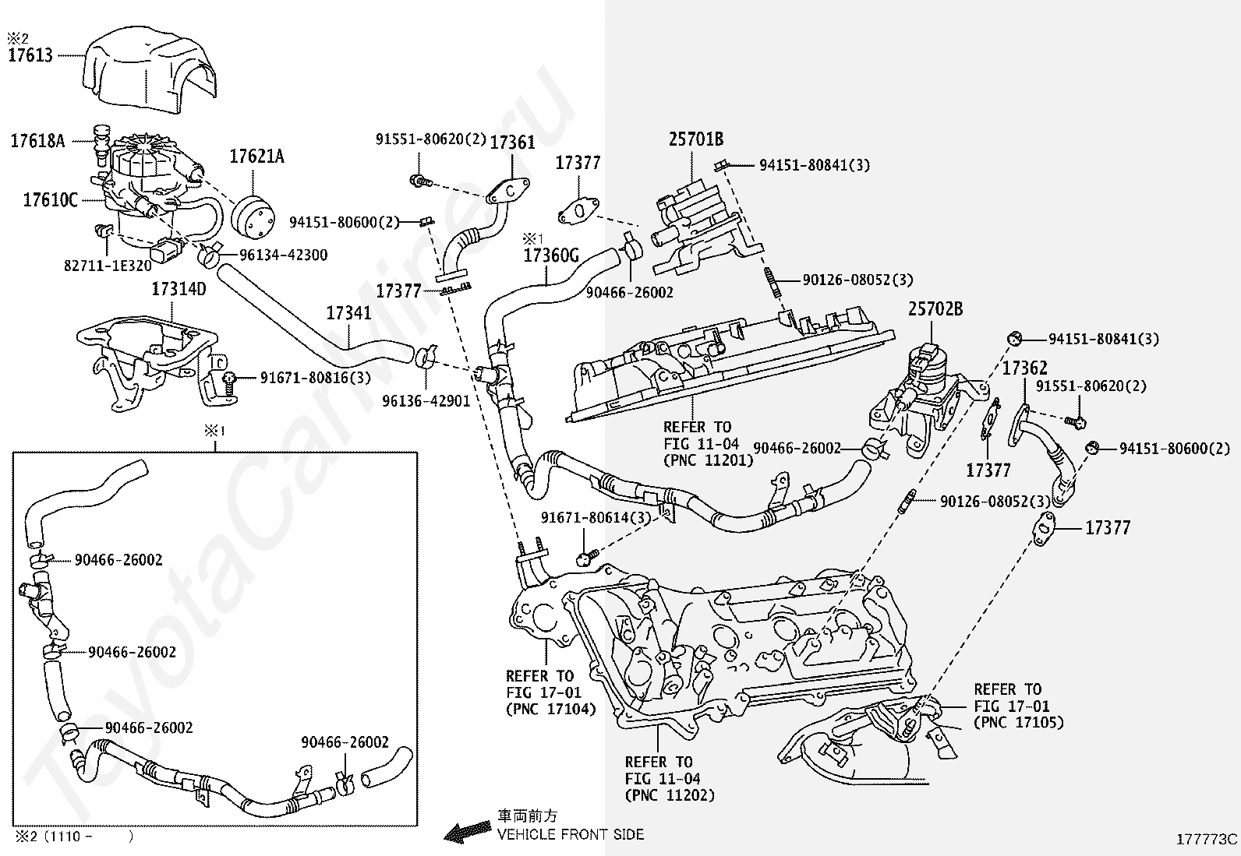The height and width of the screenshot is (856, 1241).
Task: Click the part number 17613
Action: [30, 55]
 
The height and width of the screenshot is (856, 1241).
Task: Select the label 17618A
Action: [37, 141]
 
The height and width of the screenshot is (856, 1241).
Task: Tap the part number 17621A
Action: [257, 157]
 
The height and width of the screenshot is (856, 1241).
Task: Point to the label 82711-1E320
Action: [108, 266]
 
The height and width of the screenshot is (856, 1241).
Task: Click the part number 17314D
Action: [179, 288]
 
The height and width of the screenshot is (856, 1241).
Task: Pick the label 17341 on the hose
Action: [348, 313]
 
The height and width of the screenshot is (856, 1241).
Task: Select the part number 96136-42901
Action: [426, 401]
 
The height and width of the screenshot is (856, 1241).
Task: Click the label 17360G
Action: [551, 255]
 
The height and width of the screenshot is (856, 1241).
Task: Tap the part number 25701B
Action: [696, 139]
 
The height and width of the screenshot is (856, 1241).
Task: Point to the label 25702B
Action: [935, 309]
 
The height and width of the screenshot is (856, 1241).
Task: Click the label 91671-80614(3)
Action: [596, 518]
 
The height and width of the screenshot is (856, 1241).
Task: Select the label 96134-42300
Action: [284, 255]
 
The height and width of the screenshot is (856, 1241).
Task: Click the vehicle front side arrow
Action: [468, 833]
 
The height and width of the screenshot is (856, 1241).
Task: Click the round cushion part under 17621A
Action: [253, 217]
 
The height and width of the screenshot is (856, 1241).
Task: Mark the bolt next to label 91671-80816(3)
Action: [229, 384]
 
